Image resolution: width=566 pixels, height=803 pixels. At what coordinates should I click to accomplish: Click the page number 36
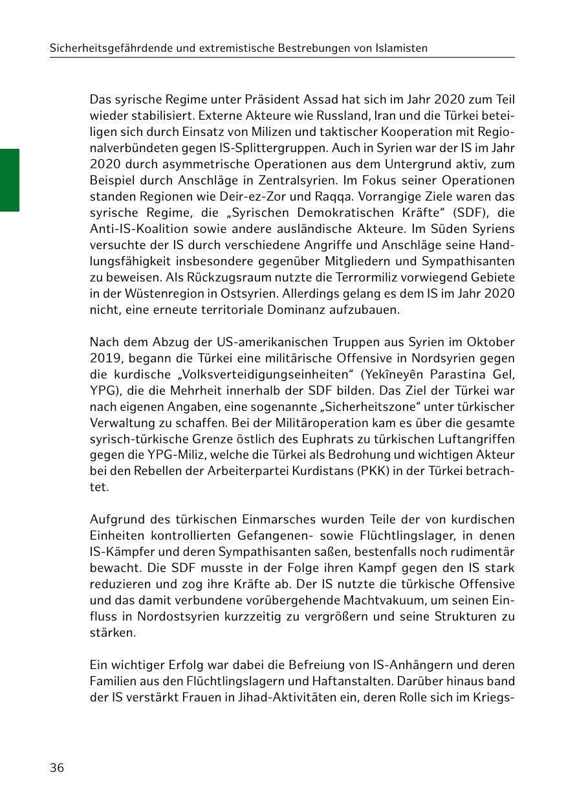coord(57,768)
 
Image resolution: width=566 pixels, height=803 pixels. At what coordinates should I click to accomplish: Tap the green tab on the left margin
coord(9,180)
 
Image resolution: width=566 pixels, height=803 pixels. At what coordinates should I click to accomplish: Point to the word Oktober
coord(492,342)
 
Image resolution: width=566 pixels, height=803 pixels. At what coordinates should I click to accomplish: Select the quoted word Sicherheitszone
coord(323,406)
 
